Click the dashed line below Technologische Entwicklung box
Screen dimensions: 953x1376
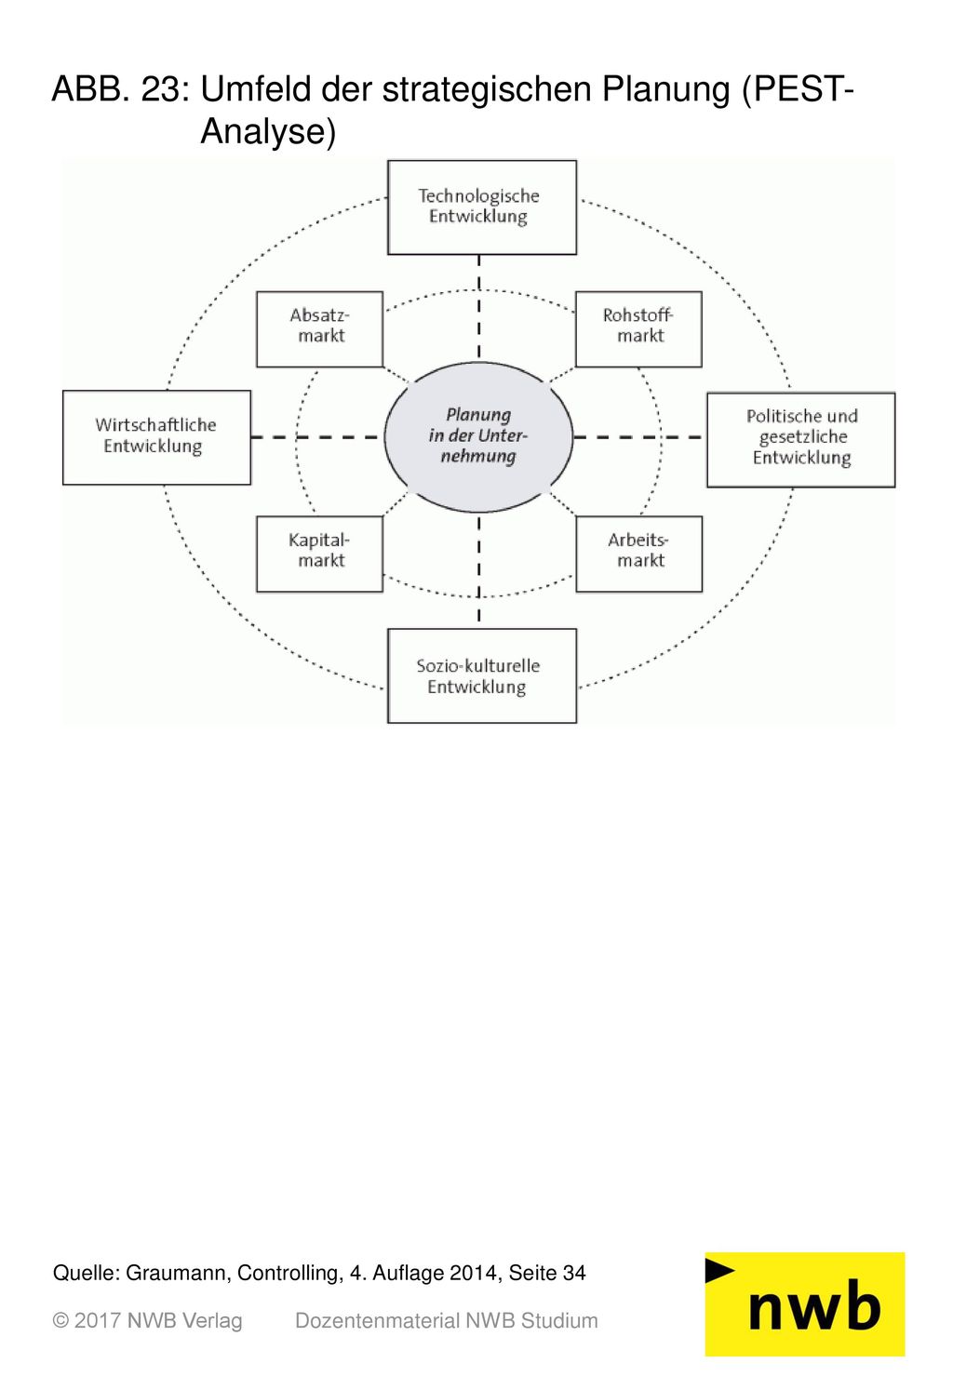[x=479, y=308]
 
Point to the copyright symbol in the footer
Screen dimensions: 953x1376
[x=60, y=1321]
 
